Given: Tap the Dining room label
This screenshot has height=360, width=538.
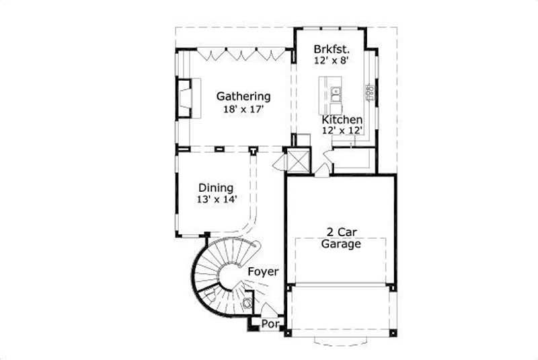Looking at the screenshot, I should (215, 188).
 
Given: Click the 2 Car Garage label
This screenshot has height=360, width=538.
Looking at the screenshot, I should (340, 238).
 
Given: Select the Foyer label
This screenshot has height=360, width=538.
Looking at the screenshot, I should (263, 271).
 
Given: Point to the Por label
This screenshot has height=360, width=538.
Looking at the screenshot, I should (270, 324).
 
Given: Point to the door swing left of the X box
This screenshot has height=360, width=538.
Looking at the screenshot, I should (280, 162).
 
